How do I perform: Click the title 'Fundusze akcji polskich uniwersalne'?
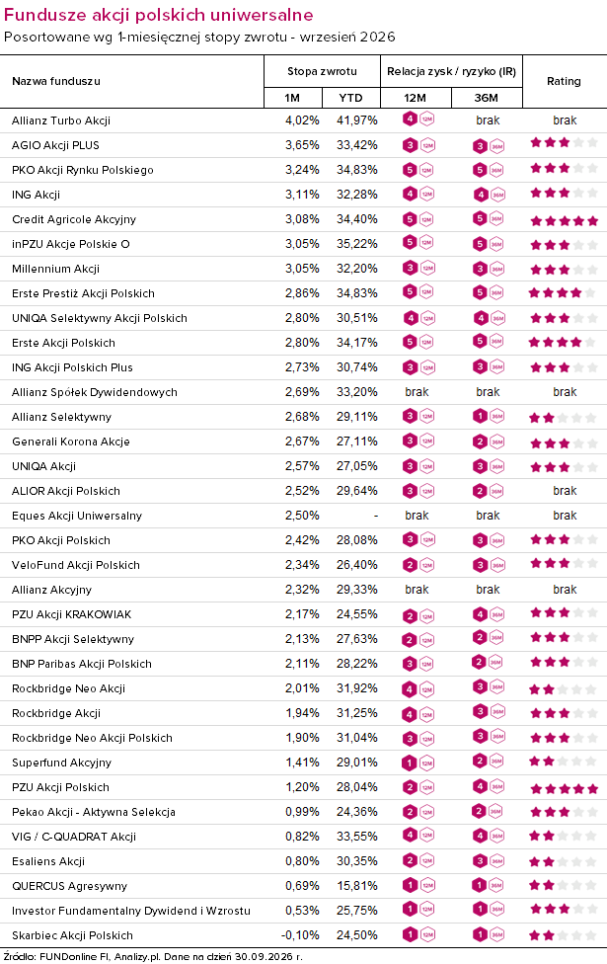pyautogui.click(x=159, y=15)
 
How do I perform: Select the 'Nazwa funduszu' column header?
pyautogui.click(x=56, y=81)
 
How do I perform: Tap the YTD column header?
pyautogui.click(x=350, y=98)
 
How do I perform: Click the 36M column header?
pyautogui.click(x=486, y=98)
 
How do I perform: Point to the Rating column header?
pyautogui.click(x=564, y=81)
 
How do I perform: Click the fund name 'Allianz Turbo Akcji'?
pyautogui.click(x=61, y=120)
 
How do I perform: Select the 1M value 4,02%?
pyautogui.click(x=302, y=120)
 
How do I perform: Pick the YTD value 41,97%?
pyautogui.click(x=357, y=120)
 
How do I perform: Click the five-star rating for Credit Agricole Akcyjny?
pyautogui.click(x=564, y=220)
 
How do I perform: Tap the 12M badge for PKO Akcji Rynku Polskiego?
pyautogui.click(x=417, y=170)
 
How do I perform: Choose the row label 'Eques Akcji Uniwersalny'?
pyautogui.click(x=77, y=516)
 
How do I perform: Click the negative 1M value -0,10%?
pyautogui.click(x=300, y=935)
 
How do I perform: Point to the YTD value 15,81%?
pyautogui.click(x=357, y=886)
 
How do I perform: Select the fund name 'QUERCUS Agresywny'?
pyautogui.click(x=69, y=886)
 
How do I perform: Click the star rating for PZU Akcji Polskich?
pyautogui.click(x=564, y=788)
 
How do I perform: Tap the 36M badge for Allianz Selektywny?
pyautogui.click(x=489, y=417)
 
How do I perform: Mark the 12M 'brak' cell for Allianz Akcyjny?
pyautogui.click(x=417, y=590)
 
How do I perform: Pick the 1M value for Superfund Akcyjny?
pyautogui.click(x=302, y=763)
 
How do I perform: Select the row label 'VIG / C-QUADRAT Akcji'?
pyautogui.click(x=74, y=837)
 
